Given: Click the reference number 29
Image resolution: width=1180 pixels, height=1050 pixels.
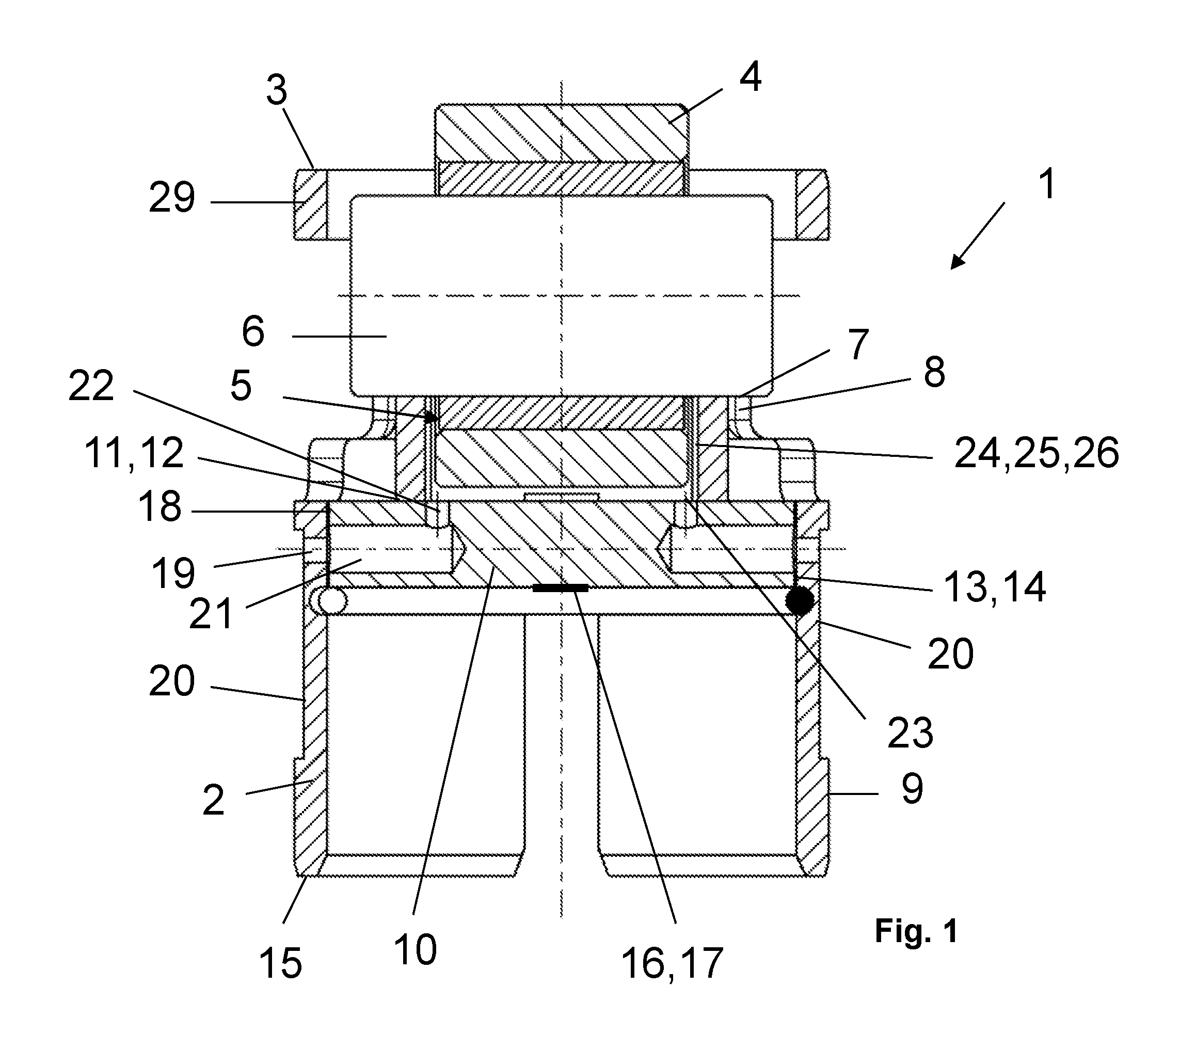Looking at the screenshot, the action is pyautogui.click(x=172, y=198).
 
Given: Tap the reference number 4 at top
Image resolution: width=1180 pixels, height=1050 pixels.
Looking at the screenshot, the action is pyautogui.click(x=750, y=77).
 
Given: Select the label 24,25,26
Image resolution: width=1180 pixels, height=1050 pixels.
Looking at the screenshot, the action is pyautogui.click(x=1037, y=453).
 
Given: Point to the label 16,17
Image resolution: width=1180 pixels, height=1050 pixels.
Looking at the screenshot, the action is pyautogui.click(x=672, y=963).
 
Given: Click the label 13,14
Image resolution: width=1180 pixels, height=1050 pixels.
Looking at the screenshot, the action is pyautogui.click(x=995, y=587).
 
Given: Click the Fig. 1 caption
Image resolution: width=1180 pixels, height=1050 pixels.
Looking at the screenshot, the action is pyautogui.click(x=916, y=931).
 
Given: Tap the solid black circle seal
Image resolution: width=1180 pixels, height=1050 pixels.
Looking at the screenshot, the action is pyautogui.click(x=800, y=601).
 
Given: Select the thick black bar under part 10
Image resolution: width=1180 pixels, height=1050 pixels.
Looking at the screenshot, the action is pyautogui.click(x=560, y=588).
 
